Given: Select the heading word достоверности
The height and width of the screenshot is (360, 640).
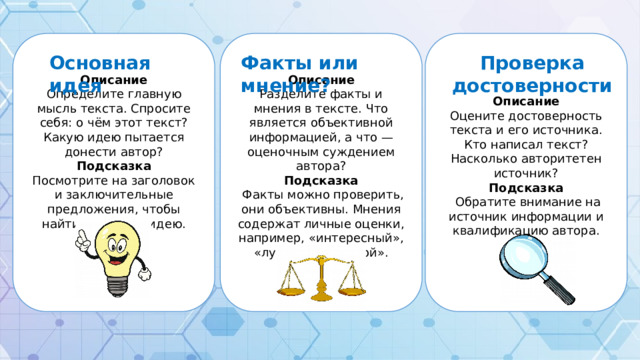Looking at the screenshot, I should coord(532,85).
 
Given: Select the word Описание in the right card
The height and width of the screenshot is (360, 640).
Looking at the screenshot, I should coord(526,101).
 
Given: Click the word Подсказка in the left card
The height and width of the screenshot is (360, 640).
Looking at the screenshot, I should coord(114,165).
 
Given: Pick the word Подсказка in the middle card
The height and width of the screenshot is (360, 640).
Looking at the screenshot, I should coord(320,180).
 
